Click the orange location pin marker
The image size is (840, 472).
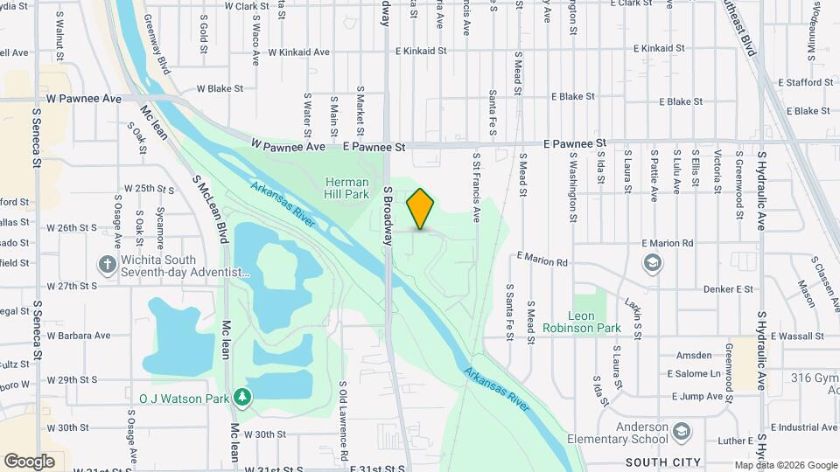(x=421, y=209)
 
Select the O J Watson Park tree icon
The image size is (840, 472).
(x=242, y=399)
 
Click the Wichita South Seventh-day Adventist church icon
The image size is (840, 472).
(x=107, y=264)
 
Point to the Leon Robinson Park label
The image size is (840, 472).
(x=581, y=322)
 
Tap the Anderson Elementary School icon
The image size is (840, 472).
(x=680, y=432)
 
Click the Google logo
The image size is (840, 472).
(x=29, y=461)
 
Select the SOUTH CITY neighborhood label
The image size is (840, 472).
(x=663, y=462)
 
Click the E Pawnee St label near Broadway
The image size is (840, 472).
(x=374, y=149)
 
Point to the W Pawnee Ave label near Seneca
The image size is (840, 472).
(x=84, y=99)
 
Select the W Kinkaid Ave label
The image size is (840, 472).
(x=298, y=52)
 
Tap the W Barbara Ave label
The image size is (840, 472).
(x=80, y=335)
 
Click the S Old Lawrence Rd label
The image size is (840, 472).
(x=344, y=420)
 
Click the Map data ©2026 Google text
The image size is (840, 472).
(x=786, y=465)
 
